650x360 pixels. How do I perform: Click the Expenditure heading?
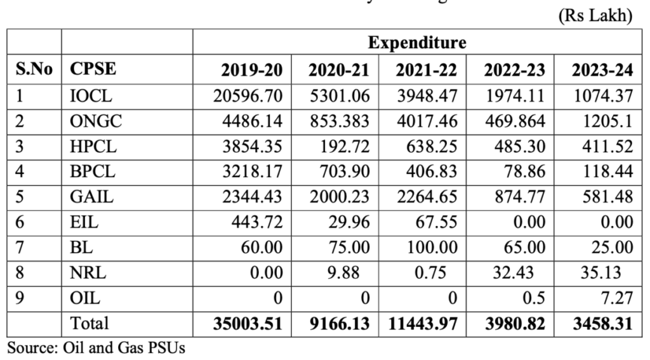coord(416,43)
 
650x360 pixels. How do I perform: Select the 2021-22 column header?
coord(418,70)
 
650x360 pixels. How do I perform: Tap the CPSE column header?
coord(93,70)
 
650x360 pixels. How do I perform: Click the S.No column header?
coord(33,70)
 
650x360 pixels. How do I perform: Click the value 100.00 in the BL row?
coord(428,247)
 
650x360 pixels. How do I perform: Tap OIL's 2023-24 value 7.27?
coord(618,298)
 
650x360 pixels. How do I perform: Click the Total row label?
coord(90,323)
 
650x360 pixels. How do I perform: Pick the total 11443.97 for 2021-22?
coord(422,323)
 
